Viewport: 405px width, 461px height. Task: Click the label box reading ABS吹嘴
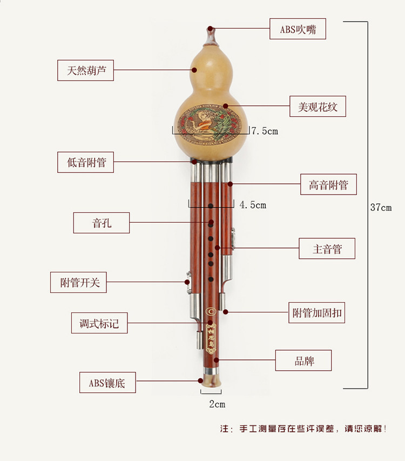298,29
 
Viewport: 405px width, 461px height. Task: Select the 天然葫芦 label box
86,70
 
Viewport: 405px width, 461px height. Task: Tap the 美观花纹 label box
318,106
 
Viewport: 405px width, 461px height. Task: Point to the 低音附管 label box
86,162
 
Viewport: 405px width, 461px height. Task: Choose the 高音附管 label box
328,185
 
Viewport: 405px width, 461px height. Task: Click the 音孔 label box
102,222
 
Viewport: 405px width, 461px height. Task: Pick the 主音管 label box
327,249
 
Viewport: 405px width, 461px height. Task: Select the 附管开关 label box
79,282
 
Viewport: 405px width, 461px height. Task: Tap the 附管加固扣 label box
317,313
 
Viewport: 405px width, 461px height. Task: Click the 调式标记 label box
99,323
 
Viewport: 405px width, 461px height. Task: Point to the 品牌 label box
303,360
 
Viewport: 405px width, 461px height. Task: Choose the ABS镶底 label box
107,383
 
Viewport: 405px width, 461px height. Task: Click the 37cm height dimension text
381,208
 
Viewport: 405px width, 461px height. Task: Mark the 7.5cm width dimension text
265,131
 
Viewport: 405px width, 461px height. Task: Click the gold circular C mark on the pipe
211,311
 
